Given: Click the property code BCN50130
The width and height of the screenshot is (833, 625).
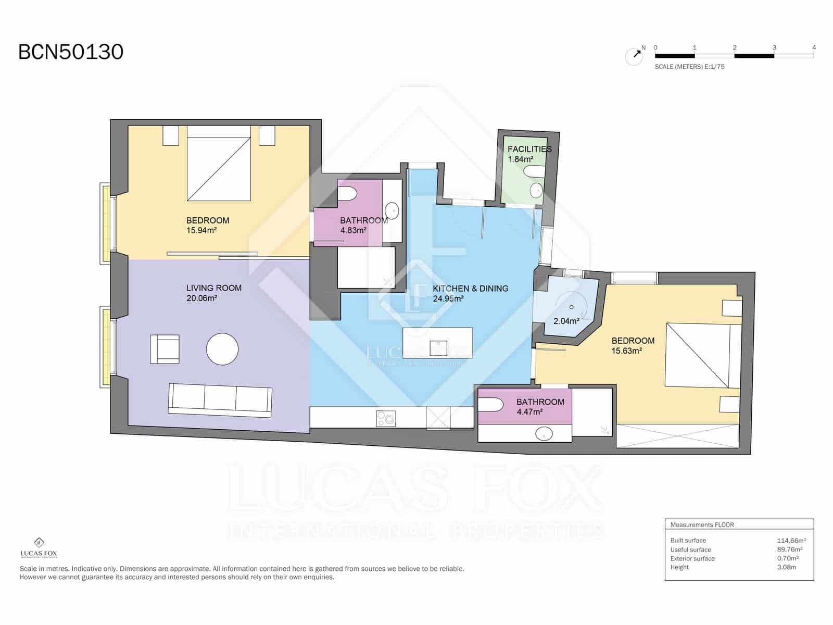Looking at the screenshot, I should pos(71,52).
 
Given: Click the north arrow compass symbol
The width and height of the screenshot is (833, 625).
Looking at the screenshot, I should pos(634,56).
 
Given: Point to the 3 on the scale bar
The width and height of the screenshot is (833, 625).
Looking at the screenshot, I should pos(774,47).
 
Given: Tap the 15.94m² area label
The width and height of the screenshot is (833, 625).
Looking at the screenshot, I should pos(201,230).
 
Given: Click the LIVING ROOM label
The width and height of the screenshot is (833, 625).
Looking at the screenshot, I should pos(213,288).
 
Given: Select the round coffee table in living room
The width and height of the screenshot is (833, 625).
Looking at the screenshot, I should pos(222,349).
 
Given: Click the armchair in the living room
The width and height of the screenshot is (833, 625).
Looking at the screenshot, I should pos(165,349).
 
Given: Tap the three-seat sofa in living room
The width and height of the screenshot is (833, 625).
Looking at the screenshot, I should pos(220,401).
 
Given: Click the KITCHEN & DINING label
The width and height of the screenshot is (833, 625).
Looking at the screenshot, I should pos(470,289).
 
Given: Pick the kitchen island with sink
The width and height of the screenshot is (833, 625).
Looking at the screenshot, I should pos(438,343).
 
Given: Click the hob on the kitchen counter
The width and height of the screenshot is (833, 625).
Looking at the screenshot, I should pos(386,418).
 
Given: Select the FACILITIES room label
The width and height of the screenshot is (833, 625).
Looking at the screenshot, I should pos(529,149).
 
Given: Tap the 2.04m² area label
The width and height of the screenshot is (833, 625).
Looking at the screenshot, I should pos(566,321).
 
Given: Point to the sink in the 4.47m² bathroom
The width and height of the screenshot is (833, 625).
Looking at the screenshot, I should pos(545,433).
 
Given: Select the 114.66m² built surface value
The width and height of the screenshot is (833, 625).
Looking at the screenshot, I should pos(791,541).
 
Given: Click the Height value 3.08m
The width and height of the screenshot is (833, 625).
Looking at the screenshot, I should pos(786,567).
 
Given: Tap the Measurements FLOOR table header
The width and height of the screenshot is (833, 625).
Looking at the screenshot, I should pos(702,525).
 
